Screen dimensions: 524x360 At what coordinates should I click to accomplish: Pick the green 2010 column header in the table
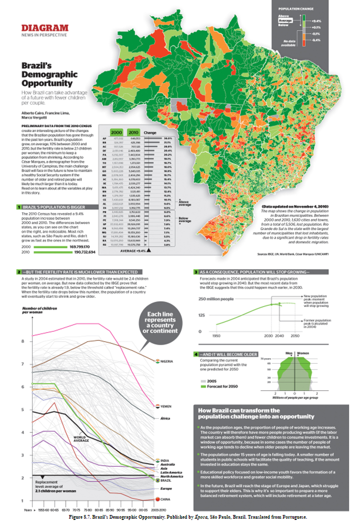click(x=132, y=132)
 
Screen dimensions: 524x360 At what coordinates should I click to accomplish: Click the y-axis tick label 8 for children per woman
click(x=23, y=341)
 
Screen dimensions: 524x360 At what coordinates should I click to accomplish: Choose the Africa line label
click(x=165, y=419)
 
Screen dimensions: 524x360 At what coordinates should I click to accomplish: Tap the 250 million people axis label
click(x=216, y=299)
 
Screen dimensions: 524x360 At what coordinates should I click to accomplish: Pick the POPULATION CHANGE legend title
click(x=296, y=8)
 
